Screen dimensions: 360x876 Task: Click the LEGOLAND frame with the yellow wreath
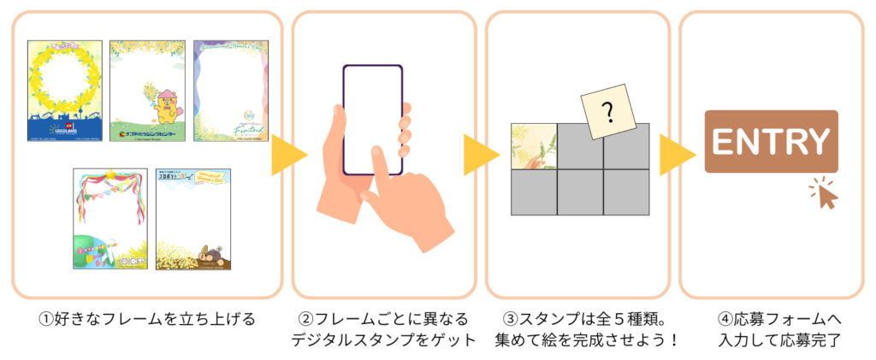(x=65, y=91)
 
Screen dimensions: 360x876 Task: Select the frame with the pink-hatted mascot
(x=146, y=91)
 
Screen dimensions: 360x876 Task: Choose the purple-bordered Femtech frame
(x=230, y=91)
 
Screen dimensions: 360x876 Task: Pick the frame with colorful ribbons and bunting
(x=109, y=218)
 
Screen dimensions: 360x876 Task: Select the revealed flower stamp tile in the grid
(x=534, y=146)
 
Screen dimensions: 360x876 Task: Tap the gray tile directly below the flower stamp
(x=534, y=192)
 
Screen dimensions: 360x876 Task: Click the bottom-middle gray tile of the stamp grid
(x=580, y=192)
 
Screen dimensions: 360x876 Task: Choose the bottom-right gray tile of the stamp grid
(x=626, y=192)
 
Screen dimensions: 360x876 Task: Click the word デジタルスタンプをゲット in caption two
(x=383, y=340)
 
